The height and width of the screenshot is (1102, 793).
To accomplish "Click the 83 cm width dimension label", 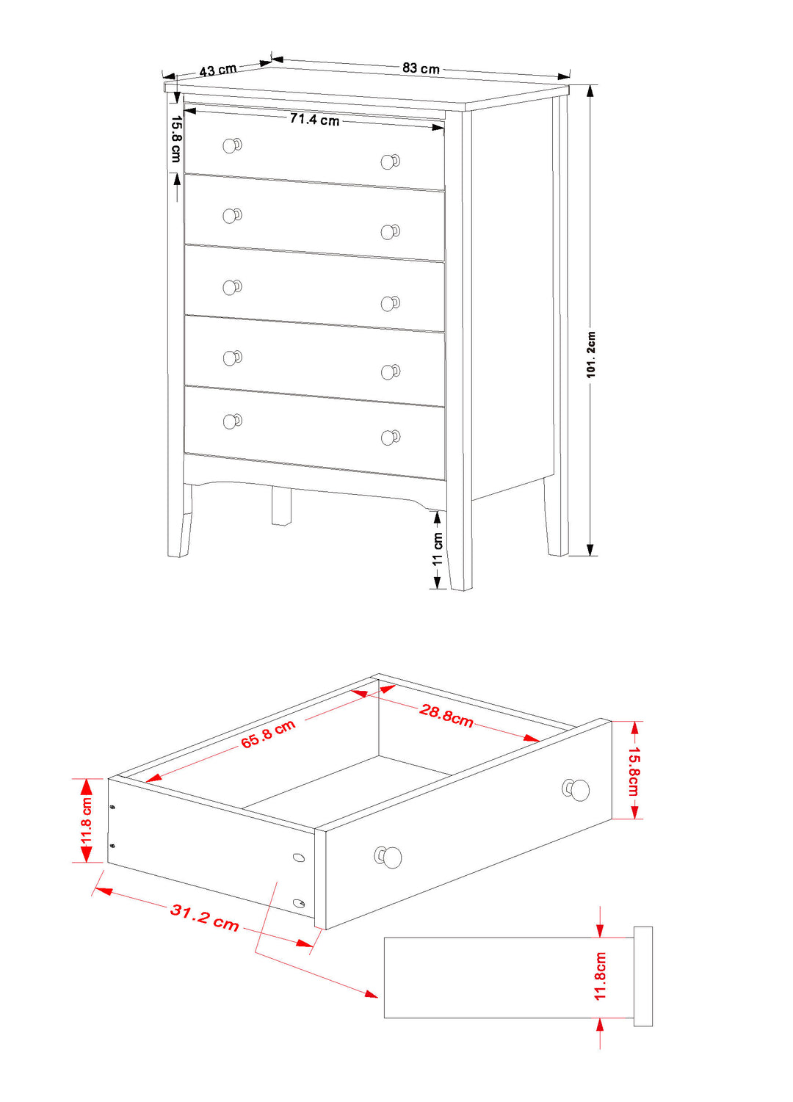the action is click(x=421, y=68).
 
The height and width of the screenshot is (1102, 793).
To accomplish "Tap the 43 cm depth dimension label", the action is click(x=218, y=70).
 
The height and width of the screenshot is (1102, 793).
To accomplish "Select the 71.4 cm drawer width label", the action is click(x=314, y=119).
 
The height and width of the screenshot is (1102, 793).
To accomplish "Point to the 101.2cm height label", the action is click(x=590, y=355).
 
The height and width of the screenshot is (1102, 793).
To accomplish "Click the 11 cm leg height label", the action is click(x=438, y=548).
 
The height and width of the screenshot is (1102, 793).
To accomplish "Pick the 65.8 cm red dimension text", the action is click(x=268, y=733).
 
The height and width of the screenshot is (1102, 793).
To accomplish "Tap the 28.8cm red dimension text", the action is click(x=446, y=715).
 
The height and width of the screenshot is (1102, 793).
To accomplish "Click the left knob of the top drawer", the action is click(x=232, y=145).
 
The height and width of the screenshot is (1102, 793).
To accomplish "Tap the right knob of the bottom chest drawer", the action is click(x=391, y=437).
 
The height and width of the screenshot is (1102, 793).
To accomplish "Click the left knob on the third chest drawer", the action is click(x=232, y=287).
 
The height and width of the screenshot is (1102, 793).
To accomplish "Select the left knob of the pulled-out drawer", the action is click(x=388, y=857).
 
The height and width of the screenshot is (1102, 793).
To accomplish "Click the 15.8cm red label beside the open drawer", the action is click(x=634, y=771).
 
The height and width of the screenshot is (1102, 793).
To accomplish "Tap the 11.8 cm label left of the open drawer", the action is click(x=87, y=821).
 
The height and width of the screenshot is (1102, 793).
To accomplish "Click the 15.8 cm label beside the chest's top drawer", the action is click(x=176, y=139).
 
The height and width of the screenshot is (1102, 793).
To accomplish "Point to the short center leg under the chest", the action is click(x=281, y=506).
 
